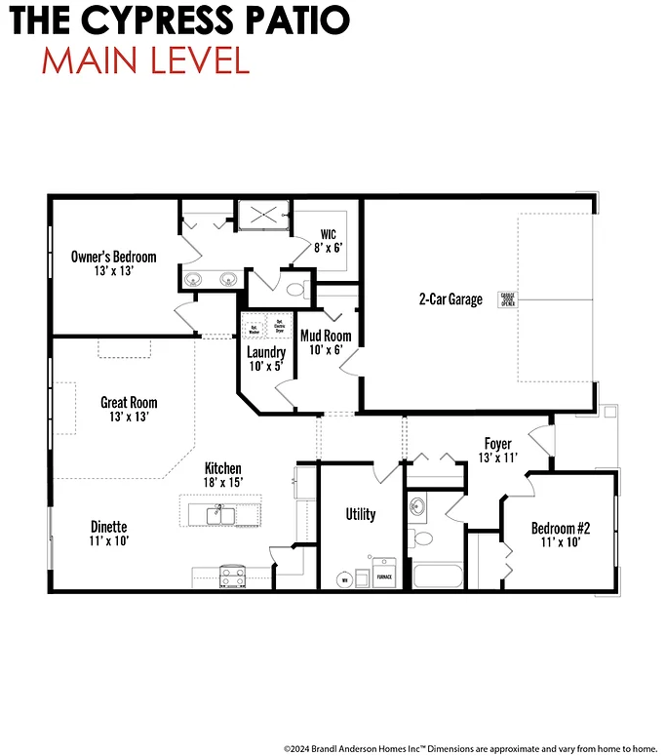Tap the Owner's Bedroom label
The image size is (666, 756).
(x=113, y=263)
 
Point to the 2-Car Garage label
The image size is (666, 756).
(x=450, y=299)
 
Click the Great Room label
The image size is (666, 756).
(x=129, y=409)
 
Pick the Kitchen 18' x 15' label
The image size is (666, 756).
(x=222, y=475)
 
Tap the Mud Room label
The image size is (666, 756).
(x=326, y=342)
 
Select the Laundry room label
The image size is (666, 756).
(x=265, y=359)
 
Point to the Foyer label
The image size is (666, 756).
(x=497, y=450)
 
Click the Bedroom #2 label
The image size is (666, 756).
(x=561, y=536)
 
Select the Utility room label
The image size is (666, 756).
(x=360, y=514)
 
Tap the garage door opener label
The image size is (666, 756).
(x=506, y=298)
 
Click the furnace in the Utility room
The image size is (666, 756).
(x=384, y=575)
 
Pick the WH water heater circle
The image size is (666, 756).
(x=343, y=579)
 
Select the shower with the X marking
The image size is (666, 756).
(x=264, y=216)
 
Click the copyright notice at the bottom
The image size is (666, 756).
(x=470, y=747)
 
